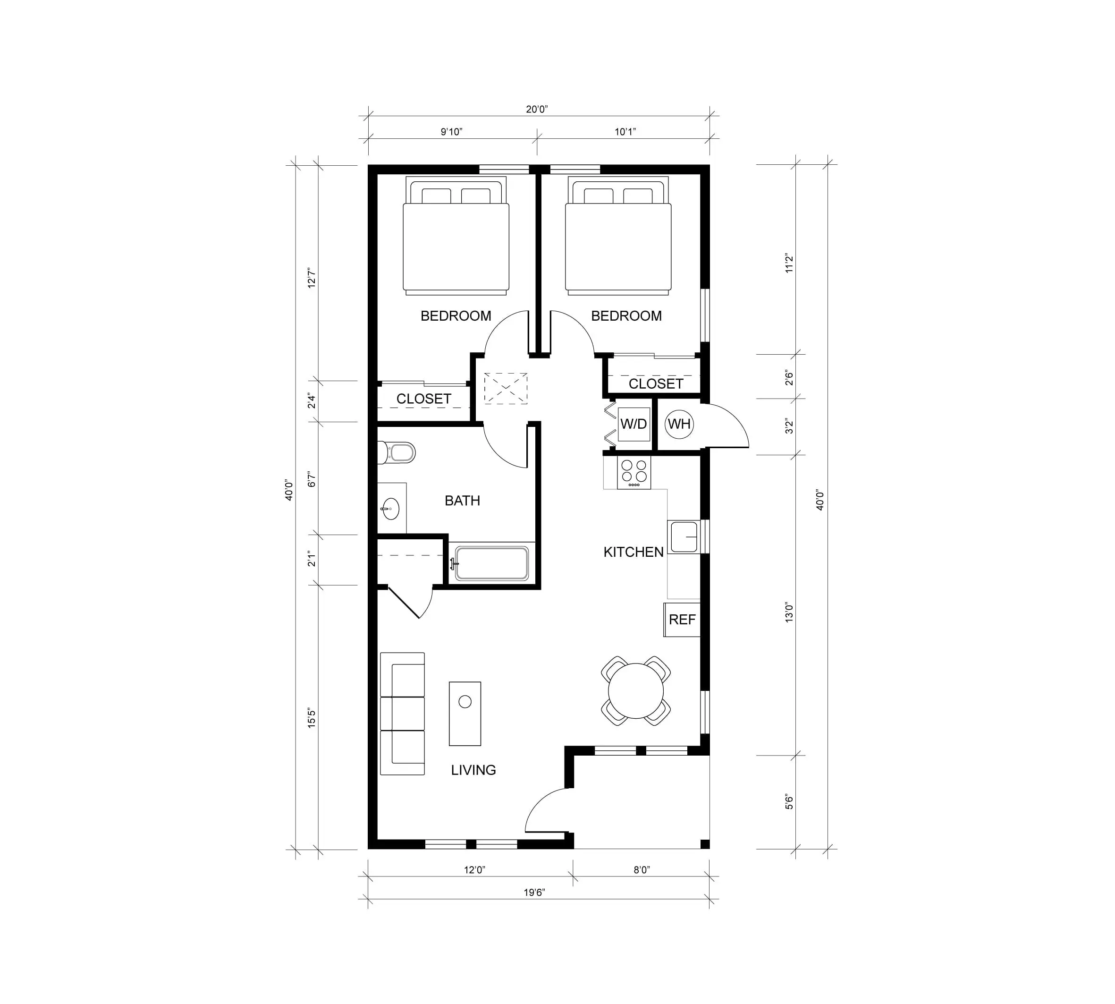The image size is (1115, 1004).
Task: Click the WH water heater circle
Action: click(679, 424)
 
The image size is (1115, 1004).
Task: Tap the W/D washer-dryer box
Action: click(634, 424)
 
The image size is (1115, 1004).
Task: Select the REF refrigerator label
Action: click(682, 620)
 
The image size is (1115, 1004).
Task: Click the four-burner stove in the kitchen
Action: click(634, 472)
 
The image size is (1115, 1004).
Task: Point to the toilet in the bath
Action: click(396, 453)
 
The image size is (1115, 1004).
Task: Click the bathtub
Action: click(492, 563)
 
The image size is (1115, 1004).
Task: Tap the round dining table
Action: click(636, 691)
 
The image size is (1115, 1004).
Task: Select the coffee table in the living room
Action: click(465, 713)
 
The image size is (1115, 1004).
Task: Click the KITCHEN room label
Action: click(634, 552)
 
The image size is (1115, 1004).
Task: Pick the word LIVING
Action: click(473, 770)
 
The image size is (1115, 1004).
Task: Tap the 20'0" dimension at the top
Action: click(537, 109)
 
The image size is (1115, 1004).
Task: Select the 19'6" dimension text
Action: click(534, 892)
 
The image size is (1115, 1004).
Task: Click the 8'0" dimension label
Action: click(642, 870)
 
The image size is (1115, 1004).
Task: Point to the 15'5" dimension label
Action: click(312, 718)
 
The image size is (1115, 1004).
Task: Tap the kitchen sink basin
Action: click(684, 536)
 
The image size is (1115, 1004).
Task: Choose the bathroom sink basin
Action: click(390, 508)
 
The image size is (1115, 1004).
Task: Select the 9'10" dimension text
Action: click(451, 131)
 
